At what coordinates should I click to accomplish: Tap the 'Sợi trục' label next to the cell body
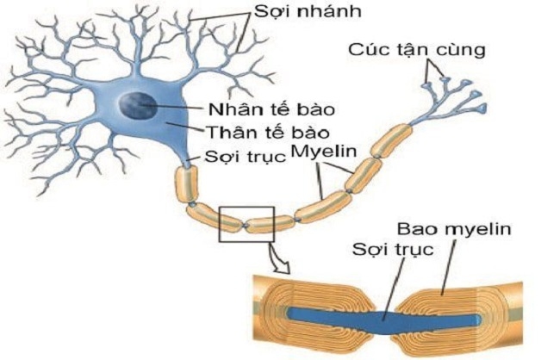246,158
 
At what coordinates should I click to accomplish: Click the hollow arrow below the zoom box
274,255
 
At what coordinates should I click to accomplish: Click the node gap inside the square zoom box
247,226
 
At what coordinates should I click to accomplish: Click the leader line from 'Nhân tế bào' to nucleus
177,109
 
